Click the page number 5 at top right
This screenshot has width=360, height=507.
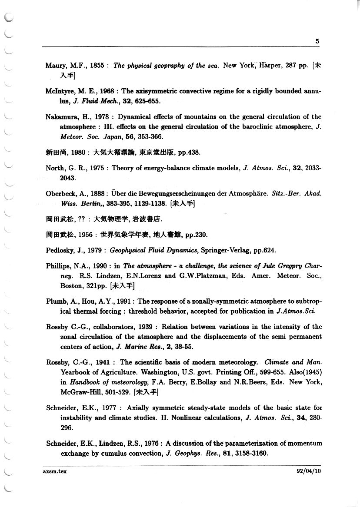[x=317, y=41]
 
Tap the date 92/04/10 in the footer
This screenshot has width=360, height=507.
[x=308, y=471]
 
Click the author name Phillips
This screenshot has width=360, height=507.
[x=59, y=266]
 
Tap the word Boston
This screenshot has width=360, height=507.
[x=70, y=286]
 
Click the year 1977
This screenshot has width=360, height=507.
[x=111, y=408]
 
